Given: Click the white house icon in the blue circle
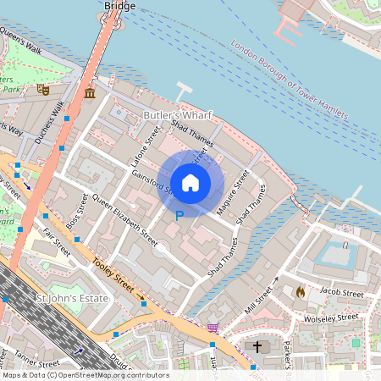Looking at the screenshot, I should [190, 182].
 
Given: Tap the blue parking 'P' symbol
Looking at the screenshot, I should [179, 217].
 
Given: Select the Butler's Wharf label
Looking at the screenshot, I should [177, 115].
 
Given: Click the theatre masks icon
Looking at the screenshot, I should [43, 88].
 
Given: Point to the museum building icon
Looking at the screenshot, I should [90, 92].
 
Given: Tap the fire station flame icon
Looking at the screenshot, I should [300, 290].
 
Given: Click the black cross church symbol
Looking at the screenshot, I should [257, 347].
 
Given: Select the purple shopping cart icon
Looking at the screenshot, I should [213, 327].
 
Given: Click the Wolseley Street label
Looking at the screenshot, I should [331, 318].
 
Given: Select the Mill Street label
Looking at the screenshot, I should [260, 300].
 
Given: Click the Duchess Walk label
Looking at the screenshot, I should [50, 122].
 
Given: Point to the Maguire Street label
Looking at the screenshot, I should [230, 194].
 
